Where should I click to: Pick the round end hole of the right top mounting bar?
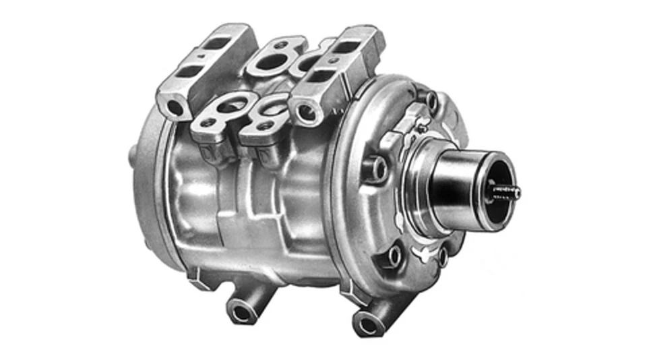click(x=307, y=112)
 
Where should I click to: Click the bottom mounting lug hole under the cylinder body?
click(x=241, y=311)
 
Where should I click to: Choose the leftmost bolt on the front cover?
click(x=378, y=168)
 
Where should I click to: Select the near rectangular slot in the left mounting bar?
click(x=193, y=71)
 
